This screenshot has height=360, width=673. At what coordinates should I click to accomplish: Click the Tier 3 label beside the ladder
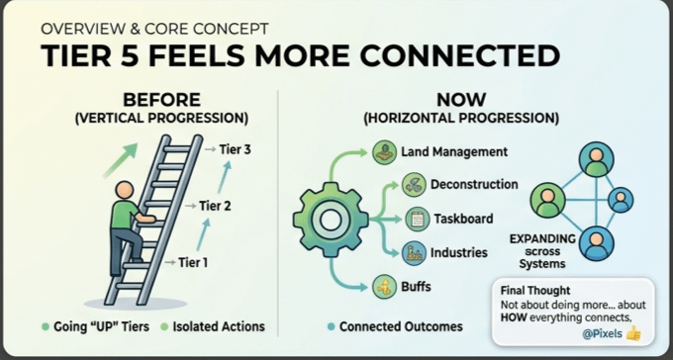(235, 149)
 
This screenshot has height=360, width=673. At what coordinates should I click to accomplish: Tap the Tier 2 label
(215, 206)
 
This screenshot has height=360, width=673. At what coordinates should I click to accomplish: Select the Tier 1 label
(193, 262)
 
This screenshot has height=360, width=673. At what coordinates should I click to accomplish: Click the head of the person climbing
(125, 190)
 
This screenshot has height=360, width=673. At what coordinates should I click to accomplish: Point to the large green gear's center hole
(330, 220)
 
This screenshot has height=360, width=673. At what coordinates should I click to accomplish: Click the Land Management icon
(385, 152)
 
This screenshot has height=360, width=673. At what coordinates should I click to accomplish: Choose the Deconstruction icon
(414, 185)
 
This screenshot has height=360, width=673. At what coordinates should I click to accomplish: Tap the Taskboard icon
(418, 219)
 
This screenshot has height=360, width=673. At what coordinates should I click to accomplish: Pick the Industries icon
(414, 253)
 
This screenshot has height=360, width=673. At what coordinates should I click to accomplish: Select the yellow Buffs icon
(385, 286)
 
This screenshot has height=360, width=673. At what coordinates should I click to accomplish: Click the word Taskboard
(463, 219)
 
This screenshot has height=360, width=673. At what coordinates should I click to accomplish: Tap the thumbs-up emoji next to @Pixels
(633, 333)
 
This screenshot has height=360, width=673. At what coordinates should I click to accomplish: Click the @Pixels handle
(602, 333)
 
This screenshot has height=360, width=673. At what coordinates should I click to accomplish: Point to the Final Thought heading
(535, 291)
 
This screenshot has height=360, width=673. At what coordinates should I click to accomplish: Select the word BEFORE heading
(161, 100)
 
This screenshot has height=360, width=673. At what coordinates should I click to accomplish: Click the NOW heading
(461, 100)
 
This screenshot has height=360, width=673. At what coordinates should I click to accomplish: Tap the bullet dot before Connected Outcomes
(331, 327)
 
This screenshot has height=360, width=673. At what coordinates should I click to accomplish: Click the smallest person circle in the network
(621, 200)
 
